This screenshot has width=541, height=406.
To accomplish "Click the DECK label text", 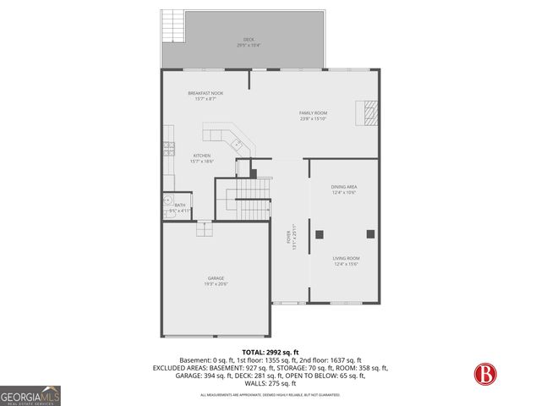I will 249,39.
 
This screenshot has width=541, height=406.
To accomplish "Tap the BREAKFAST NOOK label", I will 205,93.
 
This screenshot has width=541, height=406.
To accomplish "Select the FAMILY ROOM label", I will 313,113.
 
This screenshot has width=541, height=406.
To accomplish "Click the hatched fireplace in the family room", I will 369,112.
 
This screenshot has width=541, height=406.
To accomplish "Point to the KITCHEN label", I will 201,156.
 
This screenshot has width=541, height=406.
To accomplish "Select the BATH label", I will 180,205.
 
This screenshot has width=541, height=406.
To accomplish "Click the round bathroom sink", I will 167,200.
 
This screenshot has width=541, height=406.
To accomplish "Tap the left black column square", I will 320,233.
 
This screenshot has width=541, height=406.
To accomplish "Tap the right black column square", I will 369,233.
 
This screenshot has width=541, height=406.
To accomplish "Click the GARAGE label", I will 216,280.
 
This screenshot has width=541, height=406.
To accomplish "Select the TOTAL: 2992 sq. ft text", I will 270,352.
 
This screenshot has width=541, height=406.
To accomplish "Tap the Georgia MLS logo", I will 30,395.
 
